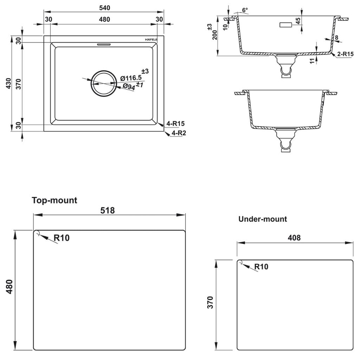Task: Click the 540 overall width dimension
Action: (x=105, y=8)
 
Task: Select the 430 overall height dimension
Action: (x=8, y=83)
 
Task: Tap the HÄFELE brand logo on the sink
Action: (x=151, y=39)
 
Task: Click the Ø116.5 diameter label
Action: (x=131, y=78)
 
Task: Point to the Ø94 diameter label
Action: (x=129, y=86)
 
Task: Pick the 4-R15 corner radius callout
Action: (x=176, y=123)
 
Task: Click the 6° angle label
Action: (x=245, y=10)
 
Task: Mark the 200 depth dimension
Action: (x=215, y=35)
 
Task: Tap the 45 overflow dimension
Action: (x=298, y=21)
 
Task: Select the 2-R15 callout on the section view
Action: (x=345, y=54)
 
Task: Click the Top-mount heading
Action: (x=54, y=200)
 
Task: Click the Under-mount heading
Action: (x=263, y=219)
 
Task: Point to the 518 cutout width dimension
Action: (x=108, y=210)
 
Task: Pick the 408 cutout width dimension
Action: (x=294, y=238)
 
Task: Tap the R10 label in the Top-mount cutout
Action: (x=62, y=238)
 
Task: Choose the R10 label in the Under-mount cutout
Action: (x=261, y=266)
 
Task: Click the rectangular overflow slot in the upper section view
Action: (x=285, y=25)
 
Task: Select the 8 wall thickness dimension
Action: (x=336, y=37)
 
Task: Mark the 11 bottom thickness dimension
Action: (x=312, y=61)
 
